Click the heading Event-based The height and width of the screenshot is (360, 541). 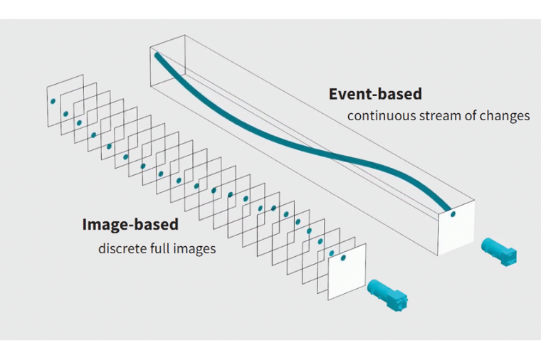tap(375, 94)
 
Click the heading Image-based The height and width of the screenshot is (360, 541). tap(130, 225)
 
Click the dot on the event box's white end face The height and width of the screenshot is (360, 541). tap(452, 213)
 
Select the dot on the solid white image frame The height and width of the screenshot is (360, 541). tap(345, 257)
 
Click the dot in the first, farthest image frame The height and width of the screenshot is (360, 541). tap(52, 101)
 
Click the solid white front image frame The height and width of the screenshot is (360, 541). tap(347, 274)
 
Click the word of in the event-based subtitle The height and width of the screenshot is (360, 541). tap(469, 116)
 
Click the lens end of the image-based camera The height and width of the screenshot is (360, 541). tap(372, 286)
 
